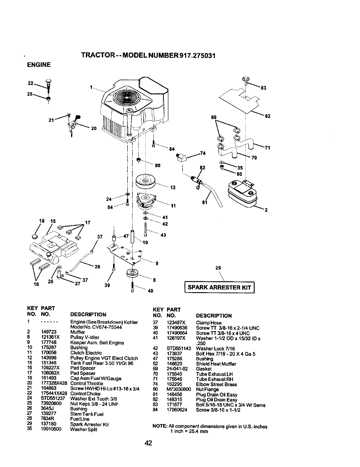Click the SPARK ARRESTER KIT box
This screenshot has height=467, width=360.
click(x=219, y=287)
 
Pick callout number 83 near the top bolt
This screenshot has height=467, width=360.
click(x=264, y=88)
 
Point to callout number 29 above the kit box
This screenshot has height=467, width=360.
click(x=218, y=268)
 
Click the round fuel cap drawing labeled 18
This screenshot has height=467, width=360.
click(x=35, y=237)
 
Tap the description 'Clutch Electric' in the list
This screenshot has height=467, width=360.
click(x=86, y=353)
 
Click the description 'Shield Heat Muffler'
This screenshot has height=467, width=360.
click(x=216, y=364)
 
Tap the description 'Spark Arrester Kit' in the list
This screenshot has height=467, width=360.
click(x=89, y=425)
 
